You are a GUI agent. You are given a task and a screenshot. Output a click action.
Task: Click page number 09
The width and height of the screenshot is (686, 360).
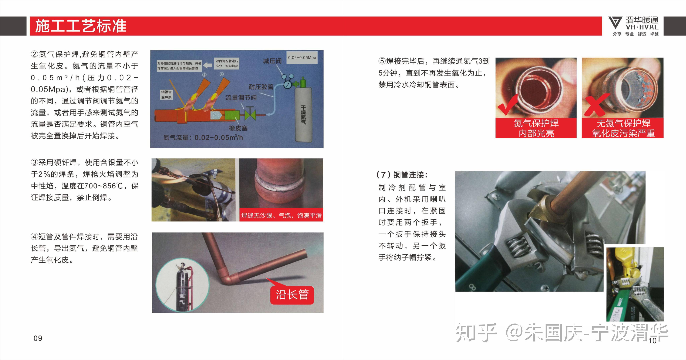click(38, 338)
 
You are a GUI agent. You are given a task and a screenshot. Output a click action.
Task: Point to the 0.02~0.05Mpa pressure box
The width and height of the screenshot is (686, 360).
click(302, 57)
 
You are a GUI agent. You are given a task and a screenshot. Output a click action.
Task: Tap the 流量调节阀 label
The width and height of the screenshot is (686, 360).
click(241, 98)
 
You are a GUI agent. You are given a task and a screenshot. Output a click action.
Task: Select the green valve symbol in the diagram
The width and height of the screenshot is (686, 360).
click(250, 115)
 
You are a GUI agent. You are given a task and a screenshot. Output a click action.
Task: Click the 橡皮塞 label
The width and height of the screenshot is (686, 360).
click(238, 128)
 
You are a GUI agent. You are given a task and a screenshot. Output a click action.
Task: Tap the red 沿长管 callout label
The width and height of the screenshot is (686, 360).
click(292, 295)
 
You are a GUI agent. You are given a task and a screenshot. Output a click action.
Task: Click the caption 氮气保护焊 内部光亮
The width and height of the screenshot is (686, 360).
click(536, 128)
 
